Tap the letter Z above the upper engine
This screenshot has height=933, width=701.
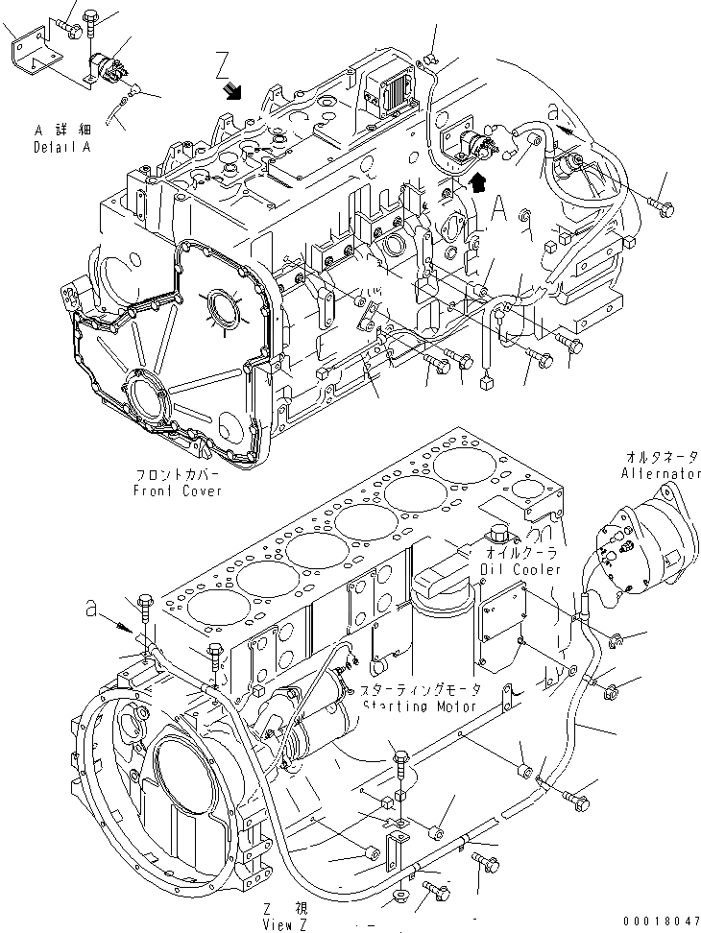pos(222,67)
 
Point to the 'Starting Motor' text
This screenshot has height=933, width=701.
pos(421,706)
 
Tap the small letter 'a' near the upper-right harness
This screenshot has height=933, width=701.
pos(554,112)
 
